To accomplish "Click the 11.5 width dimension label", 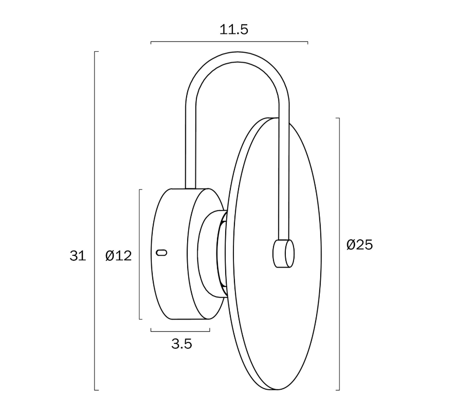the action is (x=234, y=30).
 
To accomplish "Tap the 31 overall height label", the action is (x=78, y=256).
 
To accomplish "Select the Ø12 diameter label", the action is (x=119, y=256).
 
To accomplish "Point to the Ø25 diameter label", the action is (x=360, y=245).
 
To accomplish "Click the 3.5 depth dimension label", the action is (x=182, y=344).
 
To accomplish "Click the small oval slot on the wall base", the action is (x=161, y=253).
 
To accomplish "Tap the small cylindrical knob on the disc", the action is (x=283, y=254).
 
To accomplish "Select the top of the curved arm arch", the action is (x=238, y=57).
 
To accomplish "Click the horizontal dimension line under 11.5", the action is (x=229, y=42).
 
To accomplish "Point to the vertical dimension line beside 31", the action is (x=95, y=221).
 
